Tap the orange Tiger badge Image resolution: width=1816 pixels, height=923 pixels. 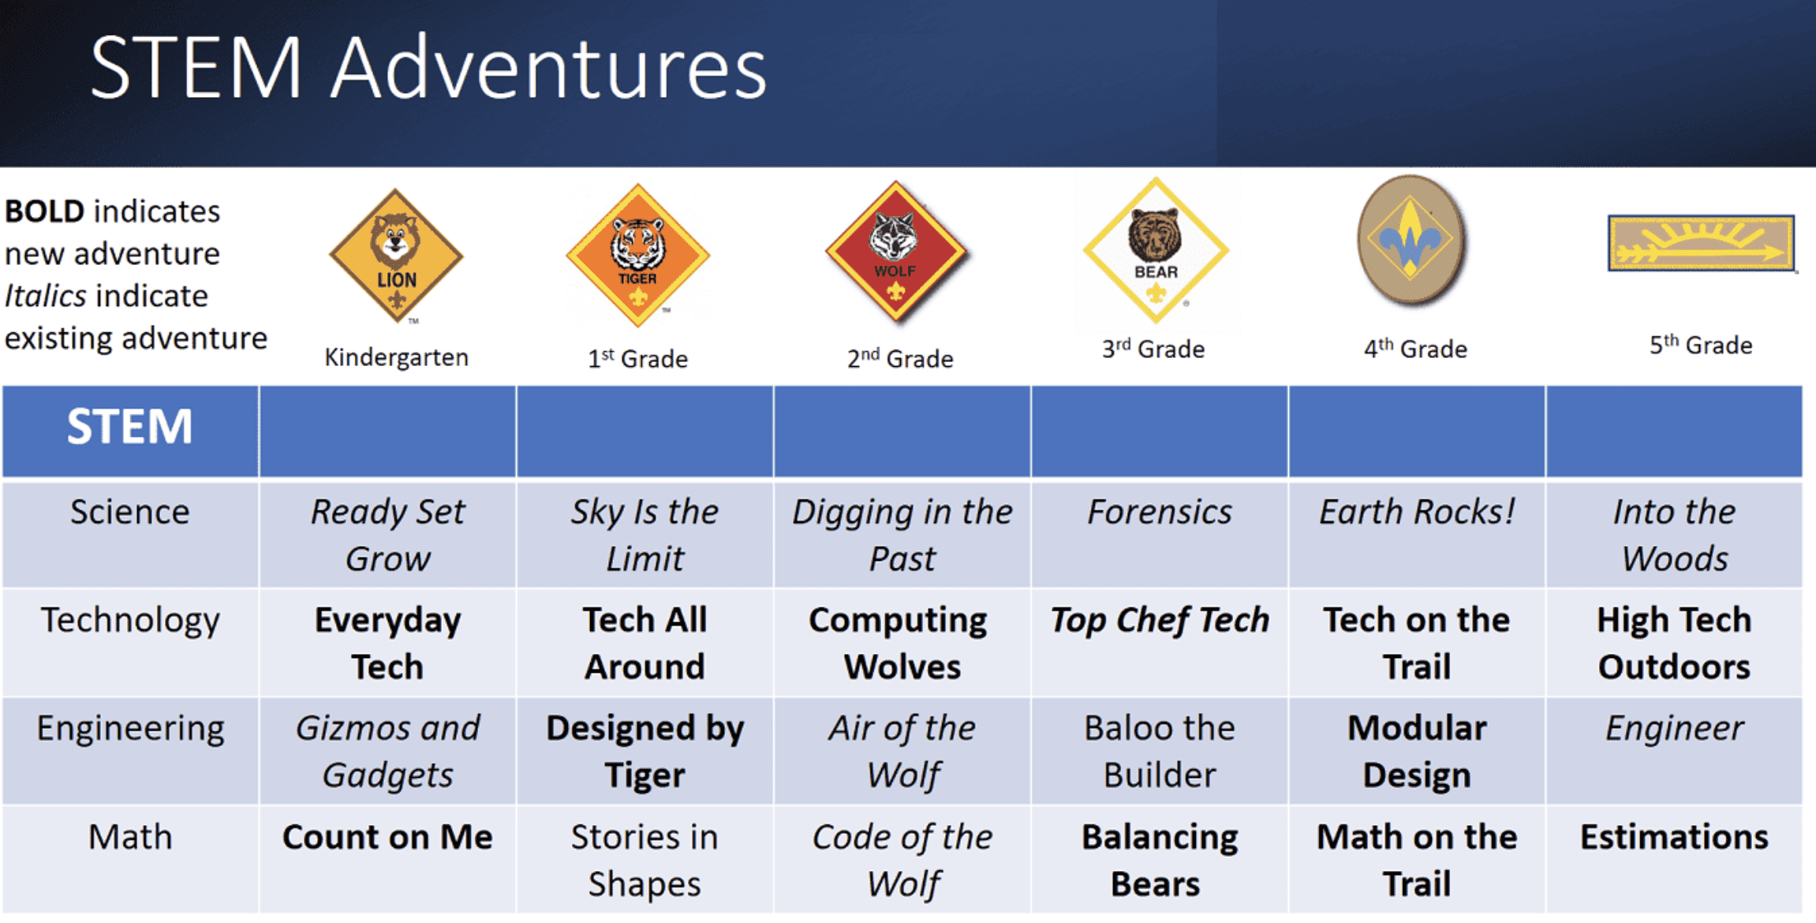point(638,255)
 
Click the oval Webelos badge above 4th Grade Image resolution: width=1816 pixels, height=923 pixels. point(1411,240)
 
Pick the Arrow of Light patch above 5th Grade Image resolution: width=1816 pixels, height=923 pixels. point(1702,243)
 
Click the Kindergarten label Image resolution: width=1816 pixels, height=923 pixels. point(396,357)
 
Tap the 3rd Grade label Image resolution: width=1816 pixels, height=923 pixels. point(1153,349)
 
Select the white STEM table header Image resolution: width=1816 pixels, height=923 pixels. point(129,427)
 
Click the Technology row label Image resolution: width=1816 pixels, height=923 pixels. point(130,621)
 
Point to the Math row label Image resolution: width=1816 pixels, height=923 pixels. point(130,836)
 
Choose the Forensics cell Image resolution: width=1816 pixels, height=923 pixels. point(1160,512)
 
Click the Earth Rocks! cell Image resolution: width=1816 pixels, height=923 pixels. point(1417,512)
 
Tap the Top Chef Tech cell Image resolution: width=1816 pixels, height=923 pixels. point(1160,621)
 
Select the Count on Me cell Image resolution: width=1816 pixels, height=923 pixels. point(387,837)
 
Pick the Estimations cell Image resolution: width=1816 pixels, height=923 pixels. point(1674,837)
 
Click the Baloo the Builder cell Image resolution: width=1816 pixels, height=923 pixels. point(1160,751)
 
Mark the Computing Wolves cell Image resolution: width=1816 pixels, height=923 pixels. point(899,643)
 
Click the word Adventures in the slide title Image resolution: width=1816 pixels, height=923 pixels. point(549,68)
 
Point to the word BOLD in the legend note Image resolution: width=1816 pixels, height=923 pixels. point(44,211)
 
